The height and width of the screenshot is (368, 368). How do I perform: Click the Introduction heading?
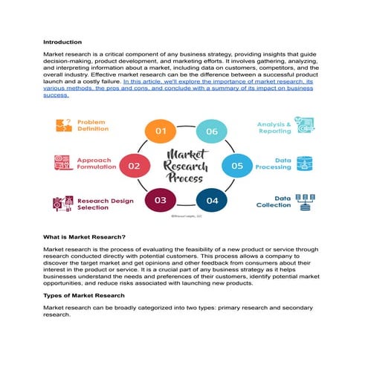pos(62,42)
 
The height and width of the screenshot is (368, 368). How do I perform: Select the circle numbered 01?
pos(160,132)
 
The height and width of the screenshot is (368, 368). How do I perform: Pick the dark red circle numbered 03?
pos(160,200)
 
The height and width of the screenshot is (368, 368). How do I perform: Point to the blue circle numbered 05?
pos(237,167)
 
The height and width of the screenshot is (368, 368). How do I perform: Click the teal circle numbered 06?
pos(212,132)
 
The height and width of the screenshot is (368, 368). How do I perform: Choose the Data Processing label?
pos(274,164)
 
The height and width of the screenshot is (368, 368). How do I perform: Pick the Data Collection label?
pos(274,201)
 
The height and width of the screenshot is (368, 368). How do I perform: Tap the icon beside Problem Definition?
pos(62,126)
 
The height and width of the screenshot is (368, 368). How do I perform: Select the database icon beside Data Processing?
pos(304,164)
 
